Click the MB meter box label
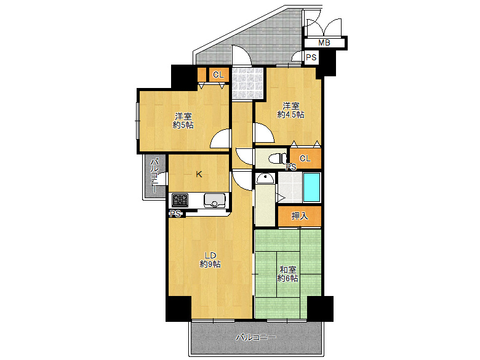click(x=324, y=42)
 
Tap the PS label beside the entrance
click(x=311, y=57)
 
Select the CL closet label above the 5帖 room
click(x=218, y=74)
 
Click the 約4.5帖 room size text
click(x=291, y=115)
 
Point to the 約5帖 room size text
click(x=183, y=125)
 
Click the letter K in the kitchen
click(x=199, y=175)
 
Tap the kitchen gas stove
click(x=180, y=200)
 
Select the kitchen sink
click(x=214, y=200)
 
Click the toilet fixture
click(x=278, y=158)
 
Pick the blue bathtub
click(x=311, y=187)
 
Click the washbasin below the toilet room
click(x=265, y=178)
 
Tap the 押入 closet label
click(x=300, y=216)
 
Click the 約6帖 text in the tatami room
click(x=288, y=278)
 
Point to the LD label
click(x=210, y=255)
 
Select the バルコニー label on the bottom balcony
click(x=256, y=337)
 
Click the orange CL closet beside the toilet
click(x=305, y=158)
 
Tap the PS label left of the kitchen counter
click(x=176, y=214)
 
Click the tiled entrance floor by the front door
click(x=247, y=82)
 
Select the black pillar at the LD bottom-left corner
click(x=178, y=308)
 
